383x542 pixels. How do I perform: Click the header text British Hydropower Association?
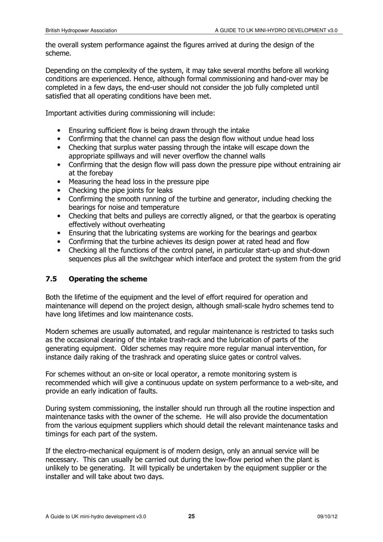point(81,30)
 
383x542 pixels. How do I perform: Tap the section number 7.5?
point(51,279)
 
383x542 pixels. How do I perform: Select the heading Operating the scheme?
point(108,279)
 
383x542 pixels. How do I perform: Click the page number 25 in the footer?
point(191,516)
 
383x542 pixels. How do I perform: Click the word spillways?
point(120,156)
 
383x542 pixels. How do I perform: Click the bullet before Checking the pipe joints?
point(60,190)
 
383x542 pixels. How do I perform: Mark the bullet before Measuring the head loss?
point(60,182)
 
